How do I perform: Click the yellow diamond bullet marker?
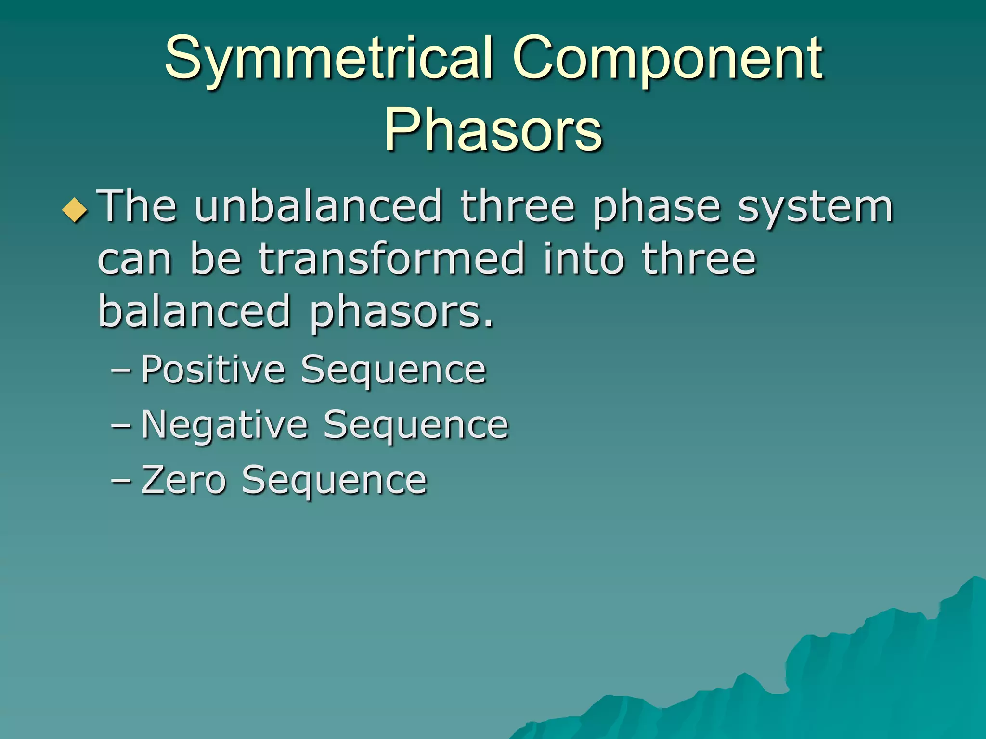[75, 210]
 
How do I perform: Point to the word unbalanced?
[318, 207]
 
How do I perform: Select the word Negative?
[224, 425]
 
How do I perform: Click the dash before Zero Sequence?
[120, 481]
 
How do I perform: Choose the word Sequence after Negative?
[415, 426]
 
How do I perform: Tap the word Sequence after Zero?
[334, 481]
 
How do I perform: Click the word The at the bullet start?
[137, 207]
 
